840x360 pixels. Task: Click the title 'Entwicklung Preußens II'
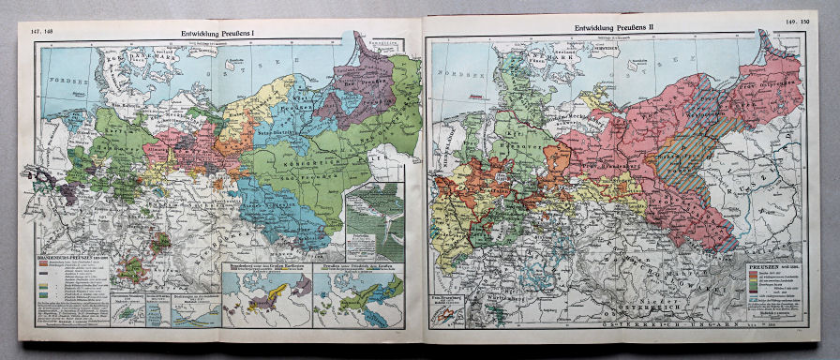pyautogui.click(x=610, y=29)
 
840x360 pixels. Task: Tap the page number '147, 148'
pyautogui.click(x=44, y=32)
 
